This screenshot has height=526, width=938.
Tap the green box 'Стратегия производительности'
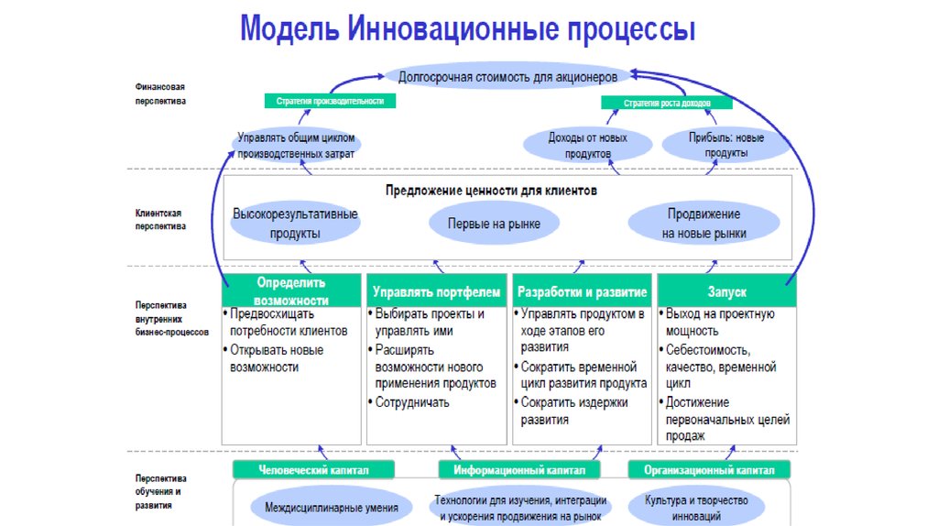pyautogui.click(x=330, y=101)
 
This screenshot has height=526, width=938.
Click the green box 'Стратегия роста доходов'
pyautogui.click(x=667, y=104)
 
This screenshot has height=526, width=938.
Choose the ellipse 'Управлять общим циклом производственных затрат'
pyautogui.click(x=296, y=146)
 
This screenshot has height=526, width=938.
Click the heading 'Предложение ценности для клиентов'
pyautogui.click(x=491, y=191)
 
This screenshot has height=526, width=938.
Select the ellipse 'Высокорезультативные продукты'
pyautogui.click(x=295, y=224)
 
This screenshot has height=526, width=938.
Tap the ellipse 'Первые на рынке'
pyautogui.click(x=494, y=224)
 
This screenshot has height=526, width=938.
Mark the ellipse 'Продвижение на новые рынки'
pyautogui.click(x=704, y=223)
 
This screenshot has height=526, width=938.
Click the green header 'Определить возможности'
pyautogui.click(x=291, y=290)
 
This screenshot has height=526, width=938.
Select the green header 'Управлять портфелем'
pyautogui.click(x=437, y=291)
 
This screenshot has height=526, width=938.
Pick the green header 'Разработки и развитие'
pyautogui.click(x=583, y=291)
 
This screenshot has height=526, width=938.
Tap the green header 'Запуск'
pyautogui.click(x=726, y=291)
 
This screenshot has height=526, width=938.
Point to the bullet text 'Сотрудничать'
pyautogui.click(x=412, y=402)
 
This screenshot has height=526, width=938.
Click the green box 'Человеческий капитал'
pyautogui.click(x=313, y=470)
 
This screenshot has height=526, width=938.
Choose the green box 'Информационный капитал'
pyautogui.click(x=519, y=470)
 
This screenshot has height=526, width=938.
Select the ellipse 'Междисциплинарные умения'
pyautogui.click(x=332, y=507)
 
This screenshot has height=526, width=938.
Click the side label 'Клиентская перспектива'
pyautogui.click(x=160, y=218)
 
